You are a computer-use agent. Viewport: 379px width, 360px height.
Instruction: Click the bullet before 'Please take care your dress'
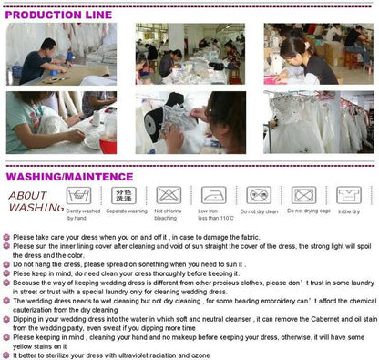[x=7, y=237]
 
